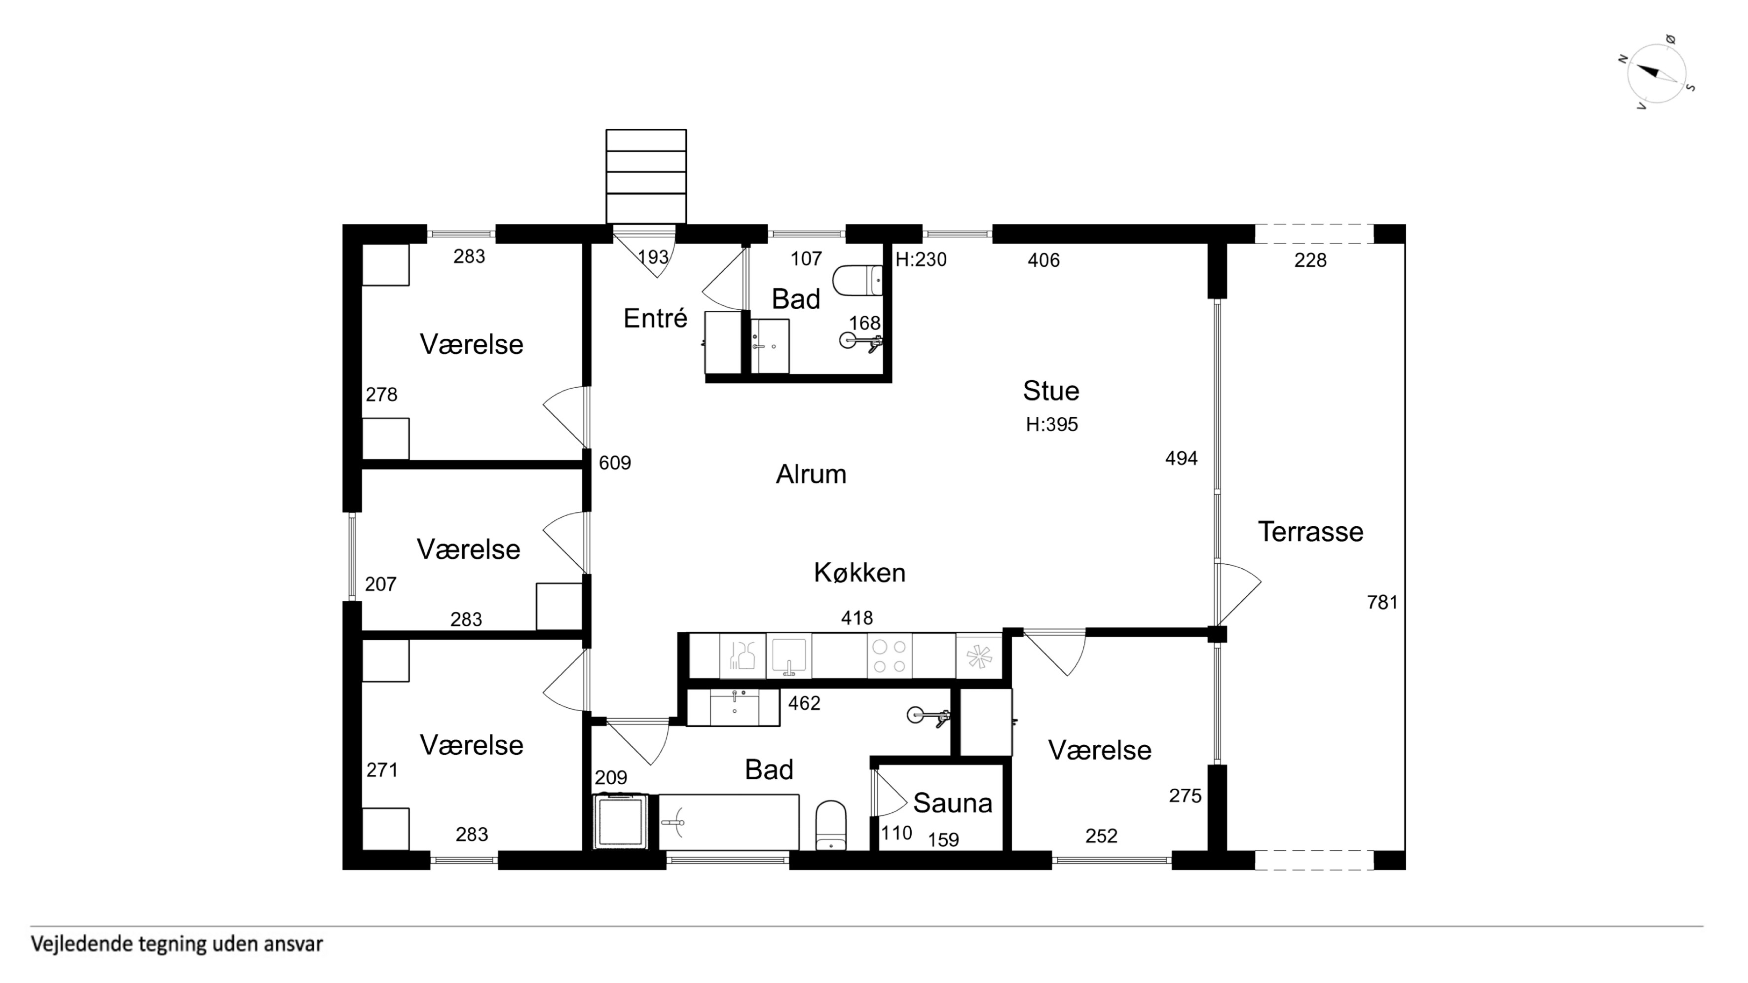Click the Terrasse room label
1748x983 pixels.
(x=1310, y=532)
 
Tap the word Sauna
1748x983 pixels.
(x=953, y=803)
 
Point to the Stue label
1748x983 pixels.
(x=1051, y=391)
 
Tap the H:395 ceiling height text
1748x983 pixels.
(x=1052, y=425)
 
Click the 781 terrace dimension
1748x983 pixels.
(x=1382, y=602)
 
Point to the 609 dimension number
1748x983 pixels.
(x=615, y=463)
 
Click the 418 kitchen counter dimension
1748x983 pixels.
(x=857, y=618)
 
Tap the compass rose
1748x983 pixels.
(x=1656, y=73)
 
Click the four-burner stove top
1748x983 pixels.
(x=889, y=656)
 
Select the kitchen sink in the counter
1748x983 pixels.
(x=789, y=656)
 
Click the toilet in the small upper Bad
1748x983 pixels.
(x=857, y=280)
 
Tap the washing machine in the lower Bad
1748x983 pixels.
(x=621, y=822)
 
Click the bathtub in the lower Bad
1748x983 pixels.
(x=729, y=822)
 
